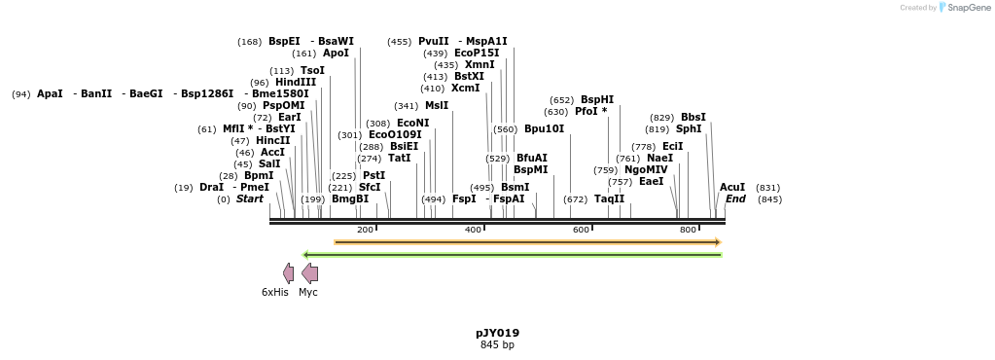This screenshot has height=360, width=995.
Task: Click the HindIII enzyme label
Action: (296, 83)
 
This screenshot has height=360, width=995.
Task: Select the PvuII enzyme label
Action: (433, 42)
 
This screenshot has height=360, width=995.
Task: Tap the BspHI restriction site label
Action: (597, 100)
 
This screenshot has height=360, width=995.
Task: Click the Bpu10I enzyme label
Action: (544, 129)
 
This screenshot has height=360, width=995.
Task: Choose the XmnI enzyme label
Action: (480, 65)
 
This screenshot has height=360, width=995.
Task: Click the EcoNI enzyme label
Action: (412, 124)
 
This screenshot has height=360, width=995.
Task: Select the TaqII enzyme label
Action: (609, 199)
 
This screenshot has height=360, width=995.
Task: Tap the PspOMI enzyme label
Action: (284, 106)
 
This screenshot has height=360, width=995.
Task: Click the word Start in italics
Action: (250, 199)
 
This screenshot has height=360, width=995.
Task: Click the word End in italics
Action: (735, 199)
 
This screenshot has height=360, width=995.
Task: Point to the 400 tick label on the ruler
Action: (473, 230)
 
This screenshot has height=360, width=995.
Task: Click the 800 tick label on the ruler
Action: (688, 230)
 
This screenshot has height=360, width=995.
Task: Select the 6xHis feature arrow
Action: (288, 273)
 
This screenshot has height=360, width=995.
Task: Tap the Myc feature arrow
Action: (309, 273)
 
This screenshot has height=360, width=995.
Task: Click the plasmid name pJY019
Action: (497, 333)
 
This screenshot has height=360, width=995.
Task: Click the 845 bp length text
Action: (497, 345)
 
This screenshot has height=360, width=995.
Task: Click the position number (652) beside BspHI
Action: (561, 100)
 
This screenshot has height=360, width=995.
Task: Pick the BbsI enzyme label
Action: (693, 118)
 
